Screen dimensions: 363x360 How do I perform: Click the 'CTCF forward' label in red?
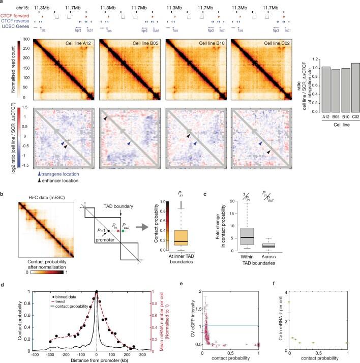click(15, 16)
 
